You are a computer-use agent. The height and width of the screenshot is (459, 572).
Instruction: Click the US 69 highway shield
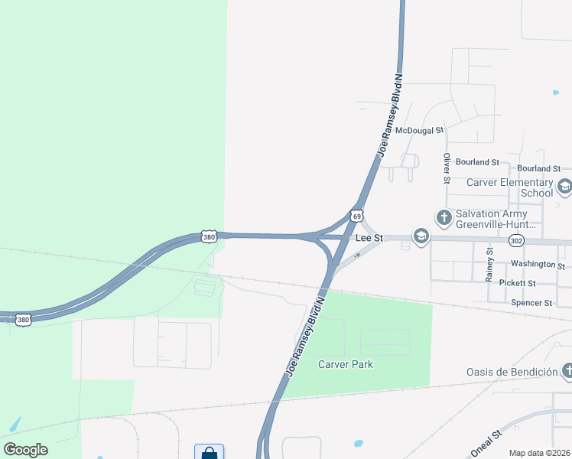click(356, 216)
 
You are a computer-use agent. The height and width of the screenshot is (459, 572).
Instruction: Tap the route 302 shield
click(517, 240)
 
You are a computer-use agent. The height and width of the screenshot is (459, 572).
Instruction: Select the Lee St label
click(369, 239)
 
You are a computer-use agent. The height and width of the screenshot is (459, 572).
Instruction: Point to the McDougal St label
click(419, 131)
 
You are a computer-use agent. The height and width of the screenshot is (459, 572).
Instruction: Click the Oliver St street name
click(447, 168)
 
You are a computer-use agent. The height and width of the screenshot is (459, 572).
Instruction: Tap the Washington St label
click(538, 265)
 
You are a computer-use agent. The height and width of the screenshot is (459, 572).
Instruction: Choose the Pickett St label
click(517, 283)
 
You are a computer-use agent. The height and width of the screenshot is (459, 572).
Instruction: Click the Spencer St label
click(531, 303)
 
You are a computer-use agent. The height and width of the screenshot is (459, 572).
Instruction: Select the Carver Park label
click(346, 364)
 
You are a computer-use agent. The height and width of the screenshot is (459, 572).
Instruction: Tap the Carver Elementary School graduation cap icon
click(564, 187)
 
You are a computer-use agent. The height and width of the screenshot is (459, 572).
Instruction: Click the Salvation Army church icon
click(444, 218)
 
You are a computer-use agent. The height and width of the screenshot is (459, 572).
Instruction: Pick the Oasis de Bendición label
click(512, 372)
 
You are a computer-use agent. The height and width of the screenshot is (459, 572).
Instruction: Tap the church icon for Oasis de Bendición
click(567, 372)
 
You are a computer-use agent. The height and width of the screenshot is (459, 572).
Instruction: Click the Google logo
click(25, 450)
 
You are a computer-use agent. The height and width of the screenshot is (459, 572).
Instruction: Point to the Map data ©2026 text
click(539, 453)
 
